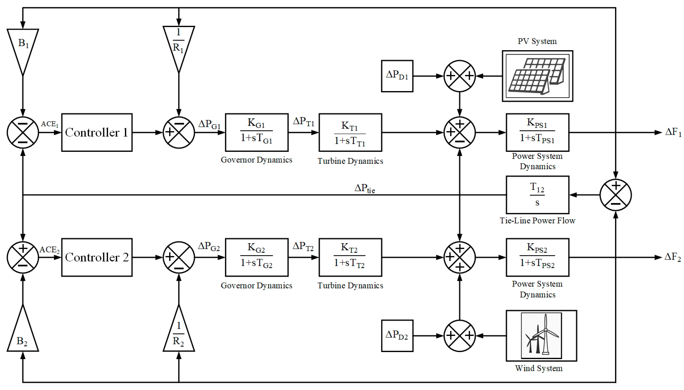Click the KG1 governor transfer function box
pos(256,132)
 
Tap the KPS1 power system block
pos(537,132)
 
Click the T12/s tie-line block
pos(537,195)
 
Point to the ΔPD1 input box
pos(397,76)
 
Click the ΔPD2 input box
pos(397,336)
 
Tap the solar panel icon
pos(537,76)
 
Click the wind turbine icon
pos(541,336)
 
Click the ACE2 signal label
pos(50,250)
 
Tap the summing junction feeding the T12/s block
pos(615,195)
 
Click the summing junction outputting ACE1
pos(23,132)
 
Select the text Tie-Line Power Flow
pos(537,221)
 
